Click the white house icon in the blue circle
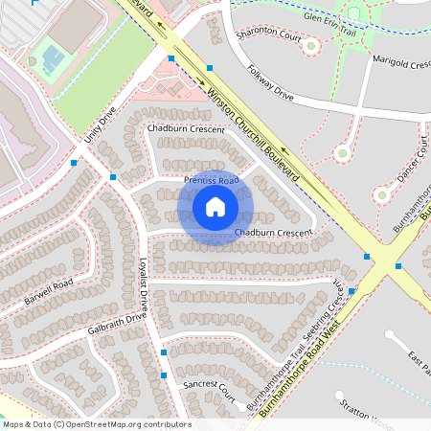(x=215, y=207)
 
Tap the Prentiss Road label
(x=211, y=180)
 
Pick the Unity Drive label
(x=100, y=125)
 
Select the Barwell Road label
(x=50, y=293)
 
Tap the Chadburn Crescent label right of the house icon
(x=274, y=233)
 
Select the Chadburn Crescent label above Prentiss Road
(x=187, y=128)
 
